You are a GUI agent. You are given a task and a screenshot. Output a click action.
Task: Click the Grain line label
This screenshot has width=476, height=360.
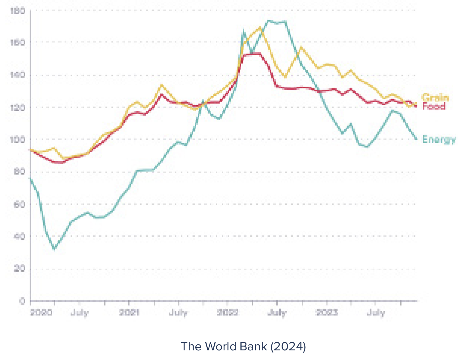tap(435, 97)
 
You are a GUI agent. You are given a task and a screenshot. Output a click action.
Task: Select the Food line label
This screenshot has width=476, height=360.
tap(434, 106)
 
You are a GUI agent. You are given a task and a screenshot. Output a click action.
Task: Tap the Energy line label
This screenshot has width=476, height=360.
tap(439, 139)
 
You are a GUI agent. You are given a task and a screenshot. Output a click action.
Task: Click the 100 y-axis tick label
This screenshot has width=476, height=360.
tap(17, 140)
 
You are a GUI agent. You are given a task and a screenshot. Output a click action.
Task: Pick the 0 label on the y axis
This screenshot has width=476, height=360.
tap(22, 301)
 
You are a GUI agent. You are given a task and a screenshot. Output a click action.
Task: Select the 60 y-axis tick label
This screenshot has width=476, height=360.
tap(19, 205)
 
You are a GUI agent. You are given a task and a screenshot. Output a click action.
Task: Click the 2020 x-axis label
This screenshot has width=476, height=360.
tap(41, 312)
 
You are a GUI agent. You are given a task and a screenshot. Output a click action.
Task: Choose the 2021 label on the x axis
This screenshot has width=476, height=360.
tap(129, 312)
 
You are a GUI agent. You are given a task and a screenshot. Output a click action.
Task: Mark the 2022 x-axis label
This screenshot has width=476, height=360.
tap(228, 312)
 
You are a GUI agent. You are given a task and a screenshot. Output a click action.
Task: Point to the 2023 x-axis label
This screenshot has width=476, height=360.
tap(327, 312)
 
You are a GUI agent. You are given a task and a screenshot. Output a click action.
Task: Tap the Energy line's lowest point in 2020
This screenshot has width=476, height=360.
tap(54, 249)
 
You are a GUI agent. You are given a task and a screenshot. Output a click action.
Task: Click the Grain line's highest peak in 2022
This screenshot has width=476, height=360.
tap(260, 27)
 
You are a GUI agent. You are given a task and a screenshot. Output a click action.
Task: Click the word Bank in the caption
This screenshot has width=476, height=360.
tap(253, 346)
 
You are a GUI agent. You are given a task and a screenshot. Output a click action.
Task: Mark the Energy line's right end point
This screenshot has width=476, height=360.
tap(416, 139)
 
